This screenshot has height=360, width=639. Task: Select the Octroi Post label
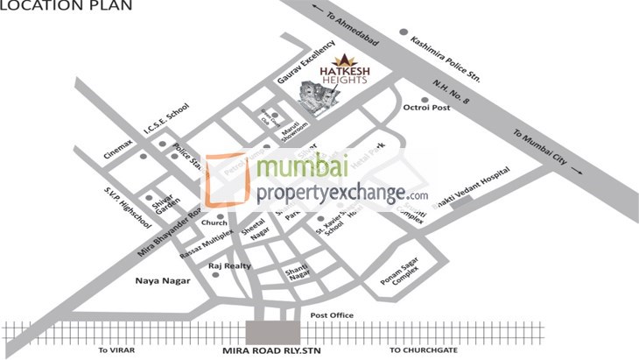click(426, 108)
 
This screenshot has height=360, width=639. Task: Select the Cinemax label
click(118, 143)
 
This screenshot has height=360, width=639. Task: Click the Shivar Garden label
click(166, 208)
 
